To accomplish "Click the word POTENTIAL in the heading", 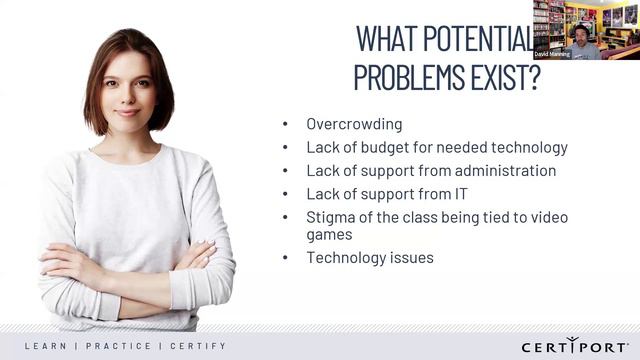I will click(477, 38).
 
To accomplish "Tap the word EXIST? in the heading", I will click(506, 78).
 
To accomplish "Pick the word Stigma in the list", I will click(330, 215).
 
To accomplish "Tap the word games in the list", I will click(330, 236).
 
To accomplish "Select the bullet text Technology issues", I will click(370, 258).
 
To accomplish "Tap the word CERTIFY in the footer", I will click(197, 346).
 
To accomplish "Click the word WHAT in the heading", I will click(385, 38).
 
